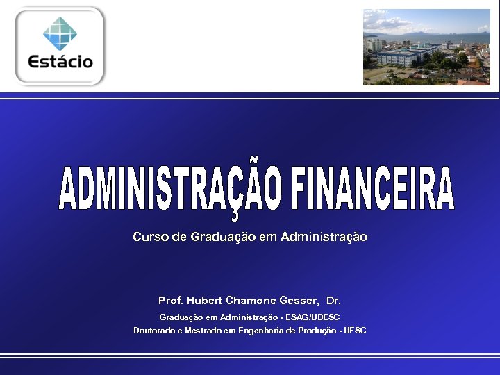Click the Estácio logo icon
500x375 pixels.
(x=60, y=32)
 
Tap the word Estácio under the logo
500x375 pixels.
(x=60, y=61)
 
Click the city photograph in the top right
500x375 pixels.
(x=426, y=47)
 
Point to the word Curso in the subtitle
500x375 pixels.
(x=151, y=237)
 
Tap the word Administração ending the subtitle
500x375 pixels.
(x=324, y=237)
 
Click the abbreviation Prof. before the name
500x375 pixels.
(x=171, y=301)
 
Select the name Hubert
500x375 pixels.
(x=203, y=301)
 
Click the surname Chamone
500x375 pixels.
(x=251, y=301)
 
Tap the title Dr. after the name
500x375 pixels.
(x=333, y=301)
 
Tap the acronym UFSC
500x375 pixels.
(x=355, y=331)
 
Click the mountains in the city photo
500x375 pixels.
(x=444, y=33)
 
